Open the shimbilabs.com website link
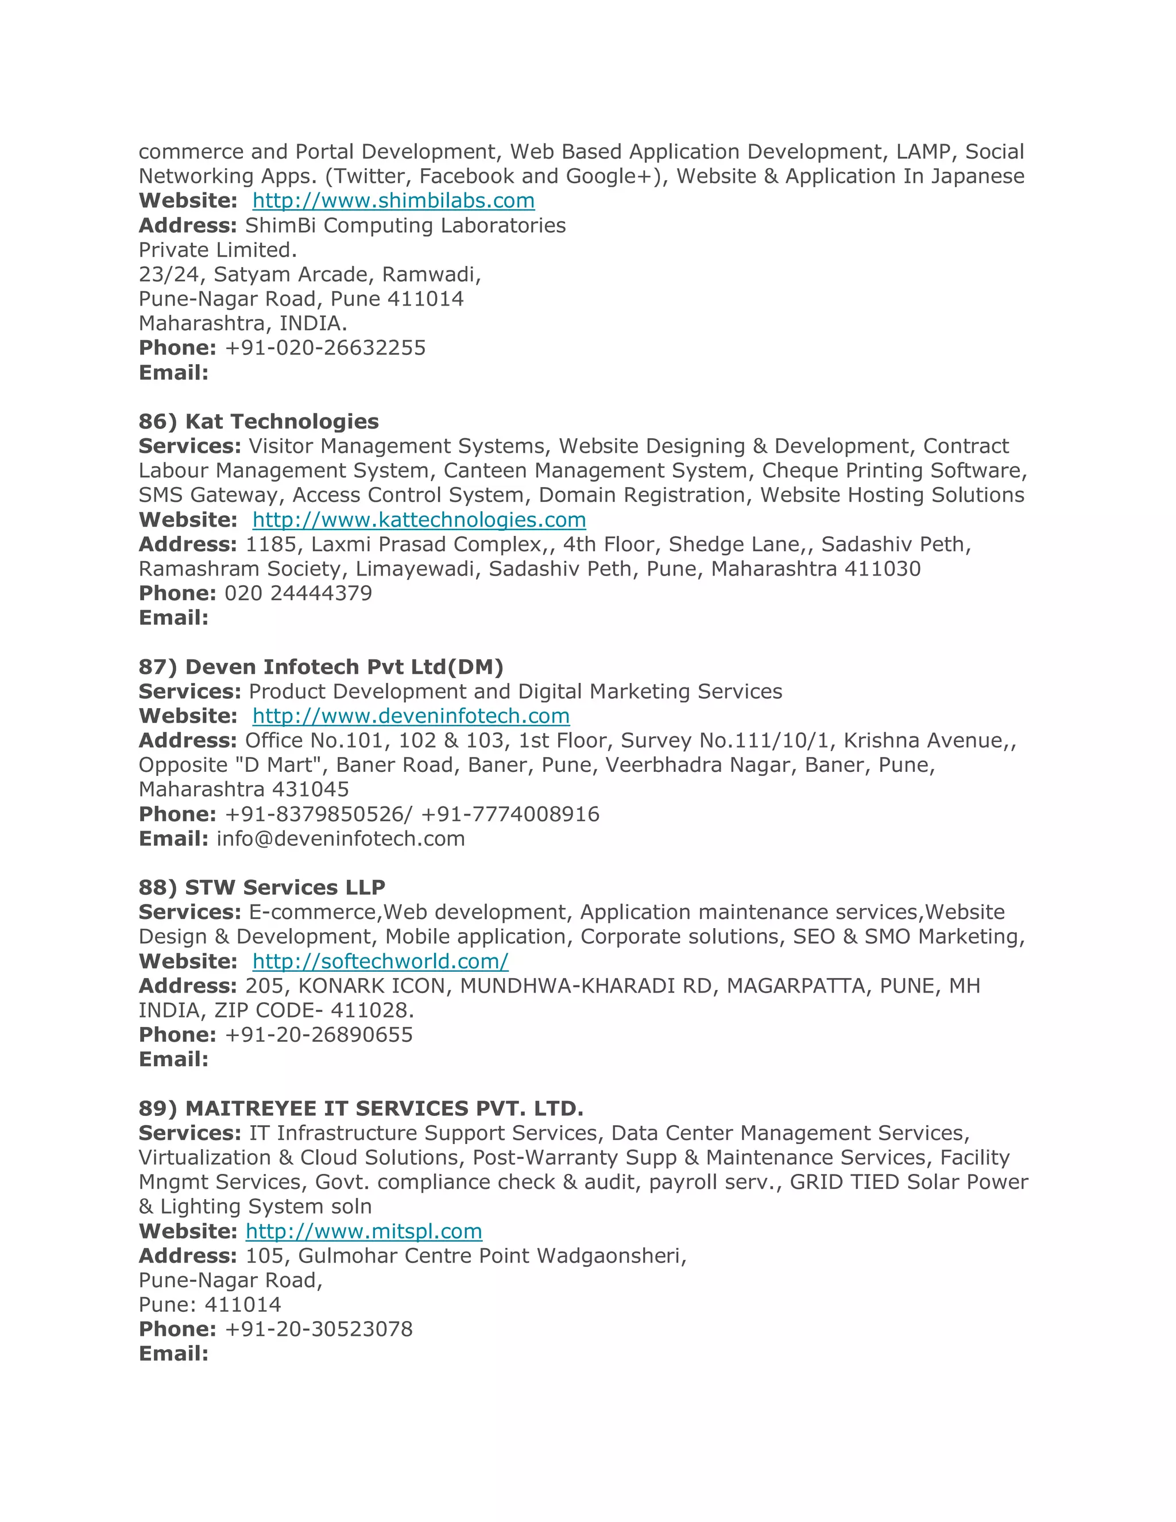click(x=393, y=200)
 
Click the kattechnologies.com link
click(x=419, y=520)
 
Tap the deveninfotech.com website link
click(x=411, y=716)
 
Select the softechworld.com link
click(x=380, y=961)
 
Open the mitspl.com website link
click(x=363, y=1231)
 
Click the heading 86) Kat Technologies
click(x=258, y=422)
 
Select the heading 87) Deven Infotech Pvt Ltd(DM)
click(x=320, y=667)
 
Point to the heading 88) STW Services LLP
click(x=261, y=887)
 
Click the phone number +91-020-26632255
click(x=324, y=347)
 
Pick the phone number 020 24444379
click(x=298, y=593)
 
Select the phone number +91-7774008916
click(x=510, y=814)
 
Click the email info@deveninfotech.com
click(x=341, y=839)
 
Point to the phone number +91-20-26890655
click(x=318, y=1035)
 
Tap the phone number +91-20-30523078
click(x=318, y=1329)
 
